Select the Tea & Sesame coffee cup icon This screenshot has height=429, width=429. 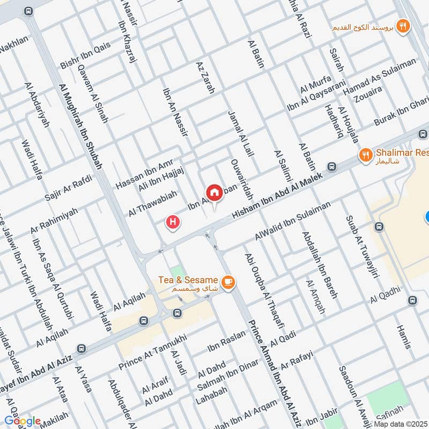point(227,282)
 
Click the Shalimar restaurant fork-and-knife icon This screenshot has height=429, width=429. point(365,155)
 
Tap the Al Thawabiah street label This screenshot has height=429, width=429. point(152,205)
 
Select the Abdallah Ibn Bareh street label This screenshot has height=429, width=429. point(319,257)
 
